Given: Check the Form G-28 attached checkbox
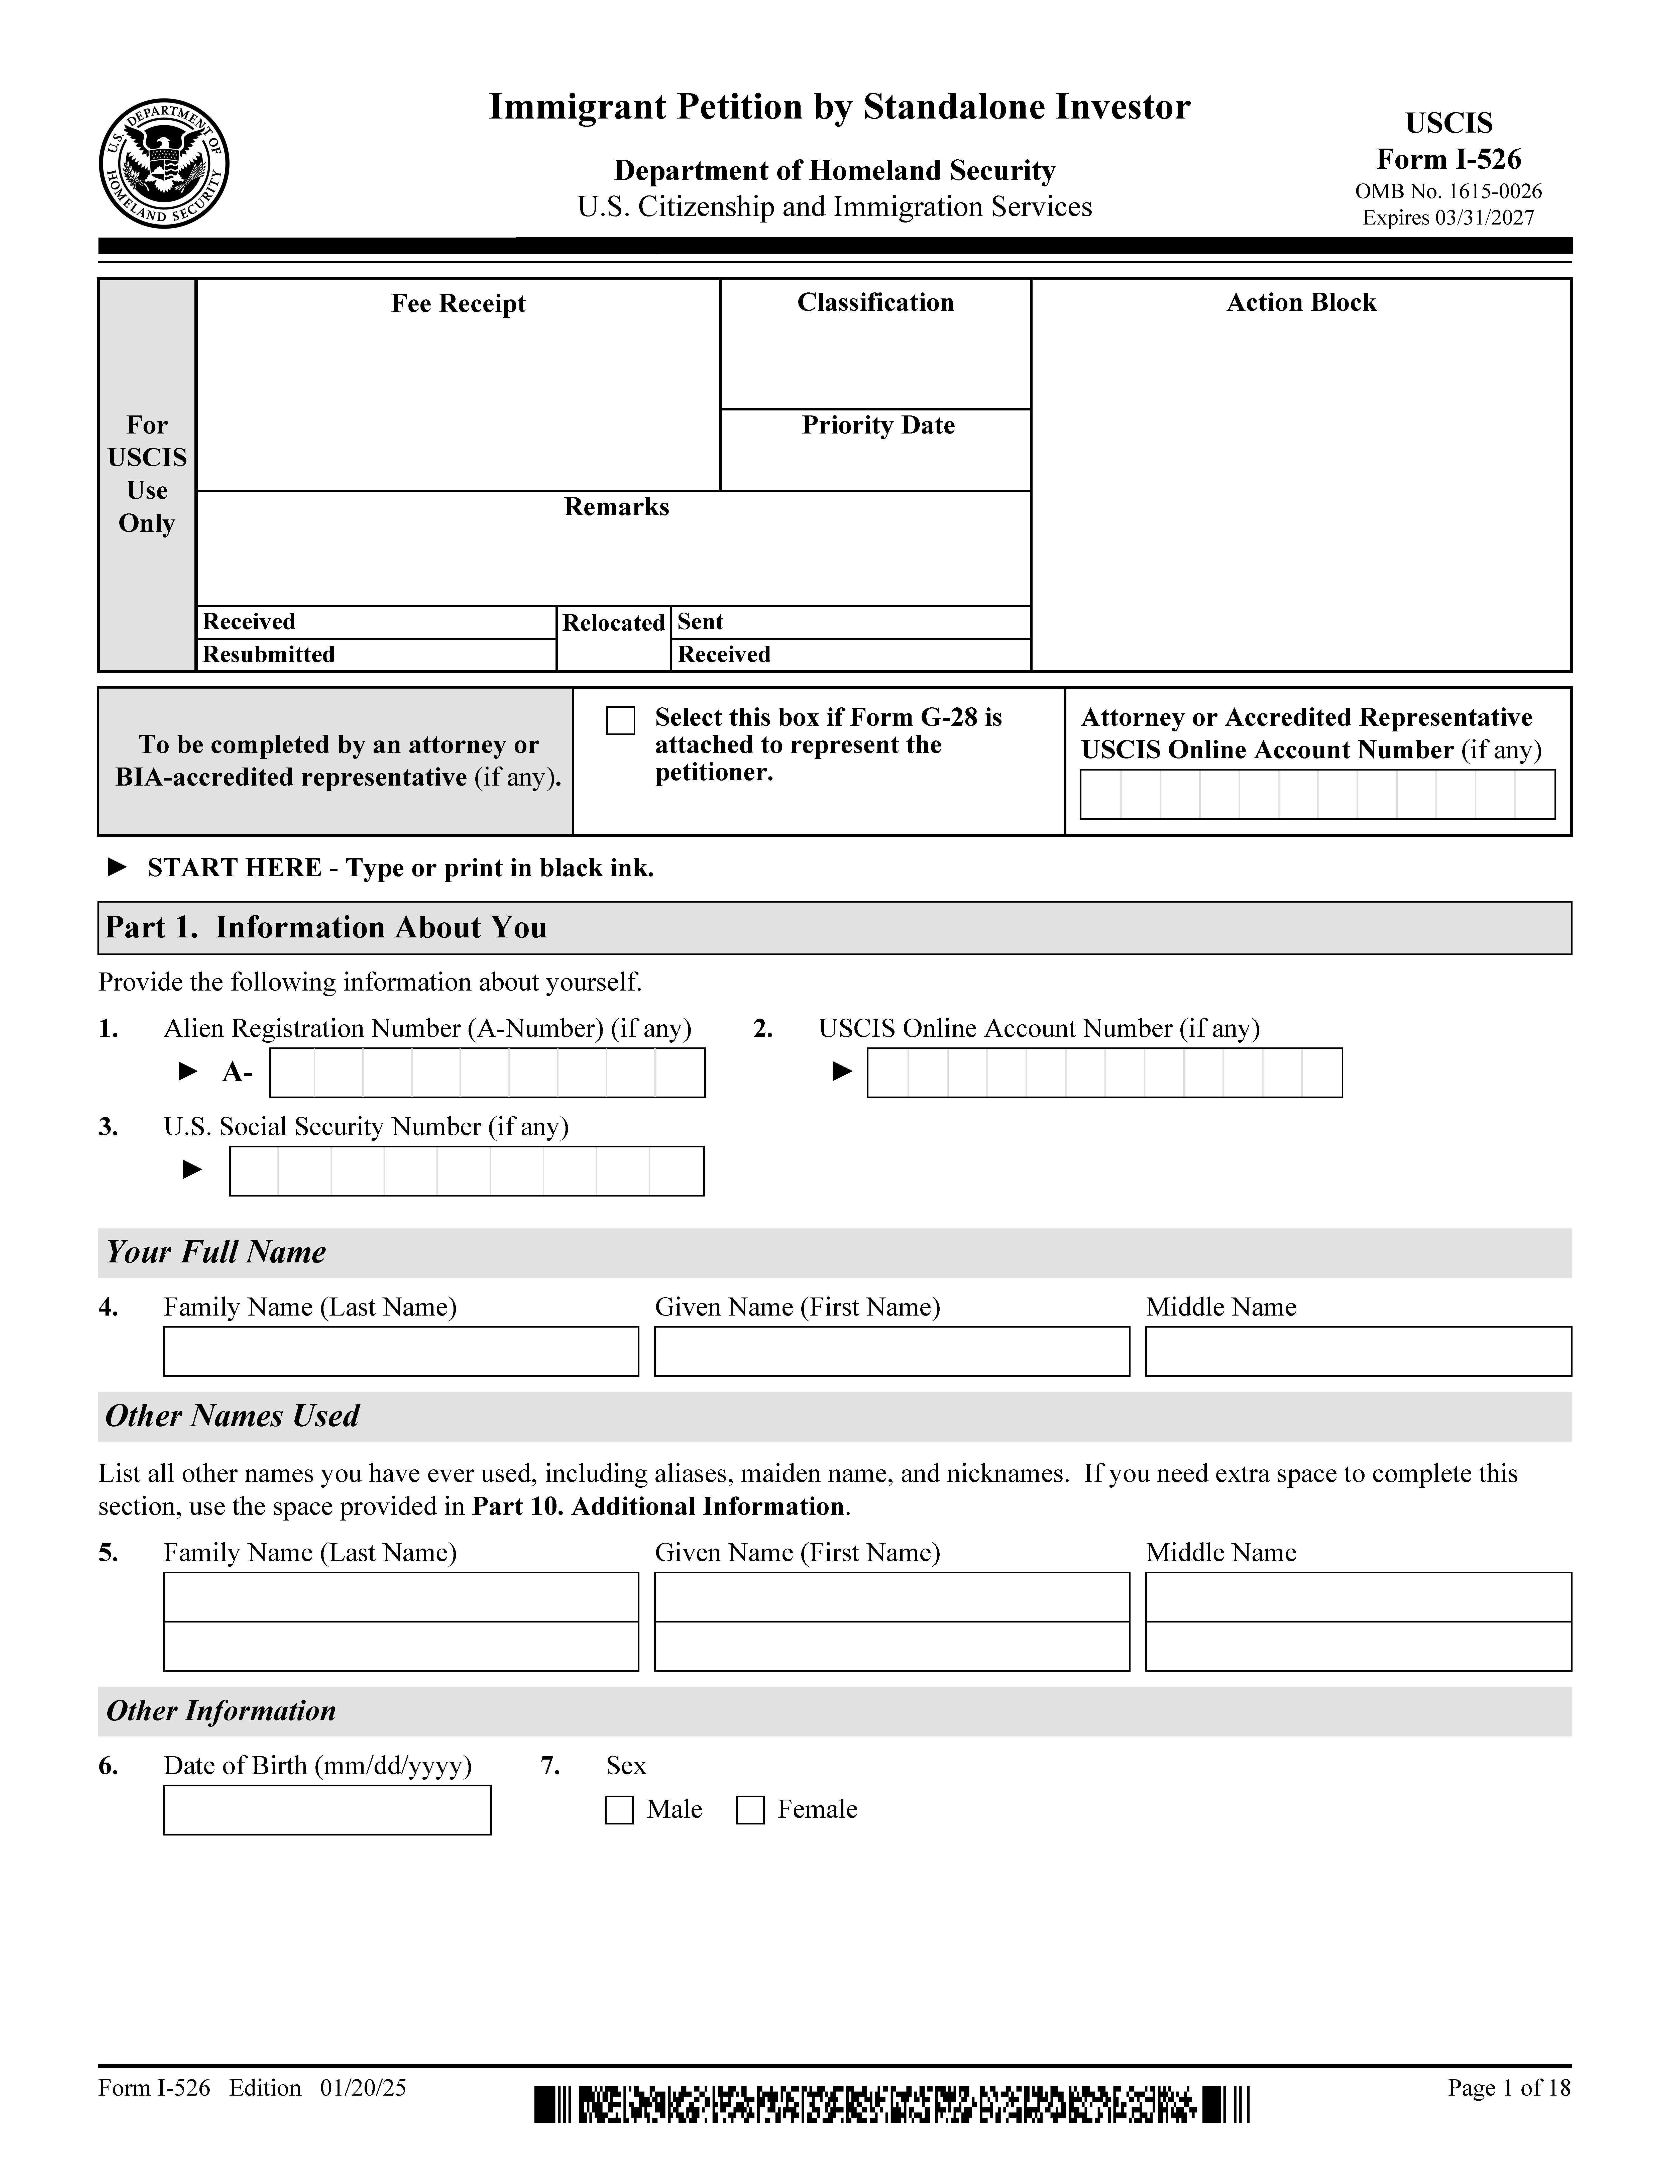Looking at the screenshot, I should (x=620, y=720).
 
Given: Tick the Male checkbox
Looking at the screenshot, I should (x=619, y=1810).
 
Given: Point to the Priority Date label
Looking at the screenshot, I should (x=877, y=425).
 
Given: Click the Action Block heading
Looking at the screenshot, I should (x=1301, y=303).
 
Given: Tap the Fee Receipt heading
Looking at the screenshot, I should (x=458, y=304).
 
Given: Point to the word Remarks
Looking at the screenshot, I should (x=616, y=507).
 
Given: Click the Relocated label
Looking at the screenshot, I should (x=613, y=622).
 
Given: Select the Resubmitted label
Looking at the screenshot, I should (x=269, y=654).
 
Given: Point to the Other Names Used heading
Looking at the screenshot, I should (x=233, y=1416).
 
